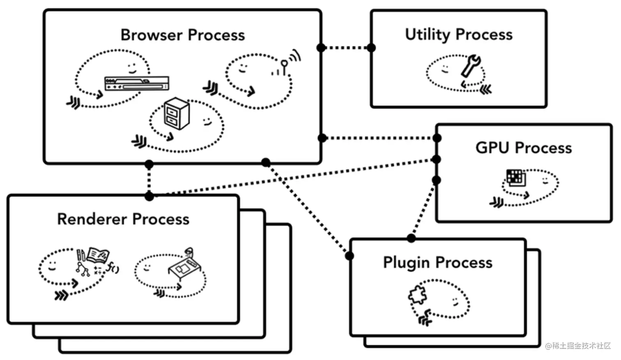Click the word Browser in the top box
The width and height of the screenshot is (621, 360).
coord(152,35)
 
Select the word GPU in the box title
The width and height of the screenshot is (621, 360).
coord(492,148)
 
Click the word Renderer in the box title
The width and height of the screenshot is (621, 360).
coord(92,219)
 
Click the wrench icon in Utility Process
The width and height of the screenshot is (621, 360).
coord(471,66)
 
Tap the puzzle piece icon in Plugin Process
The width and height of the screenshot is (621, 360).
coord(417,295)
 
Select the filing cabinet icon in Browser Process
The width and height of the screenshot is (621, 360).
coord(177,113)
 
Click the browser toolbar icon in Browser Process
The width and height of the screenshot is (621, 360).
coord(136,83)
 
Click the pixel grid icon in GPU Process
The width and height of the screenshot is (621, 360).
coord(515,177)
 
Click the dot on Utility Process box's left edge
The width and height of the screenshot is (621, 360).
coord(371,48)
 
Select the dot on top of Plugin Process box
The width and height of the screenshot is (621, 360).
coord(411,238)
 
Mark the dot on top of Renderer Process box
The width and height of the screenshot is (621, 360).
coord(149,196)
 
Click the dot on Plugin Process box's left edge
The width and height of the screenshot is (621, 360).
coord(350,256)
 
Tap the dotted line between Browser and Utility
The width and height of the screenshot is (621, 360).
coord(346,48)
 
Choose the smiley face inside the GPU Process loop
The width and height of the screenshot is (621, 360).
coord(545,181)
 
